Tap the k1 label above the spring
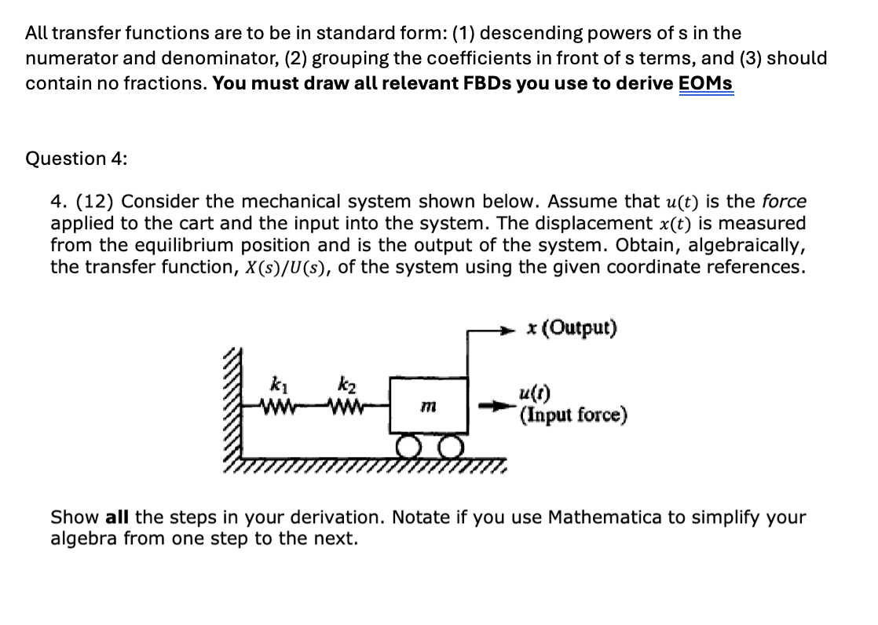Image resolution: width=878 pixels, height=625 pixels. click(x=276, y=385)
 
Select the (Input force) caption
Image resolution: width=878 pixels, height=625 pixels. click(x=573, y=414)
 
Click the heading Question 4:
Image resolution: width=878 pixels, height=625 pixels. click(x=76, y=159)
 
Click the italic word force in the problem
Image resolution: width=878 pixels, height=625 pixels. click(x=785, y=203)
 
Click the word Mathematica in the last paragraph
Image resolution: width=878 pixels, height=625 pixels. click(x=598, y=517)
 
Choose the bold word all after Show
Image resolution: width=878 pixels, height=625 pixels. click(x=116, y=517)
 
